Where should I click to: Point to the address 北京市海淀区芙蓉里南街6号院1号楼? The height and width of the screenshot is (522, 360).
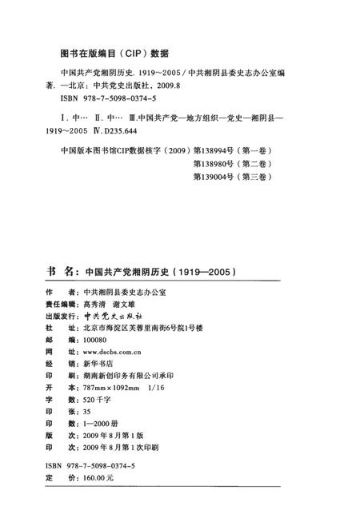click(149, 329)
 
